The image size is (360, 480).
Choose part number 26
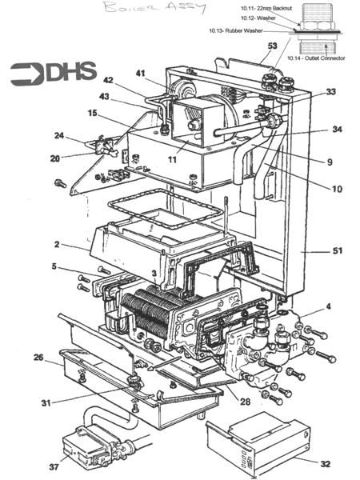38,358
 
